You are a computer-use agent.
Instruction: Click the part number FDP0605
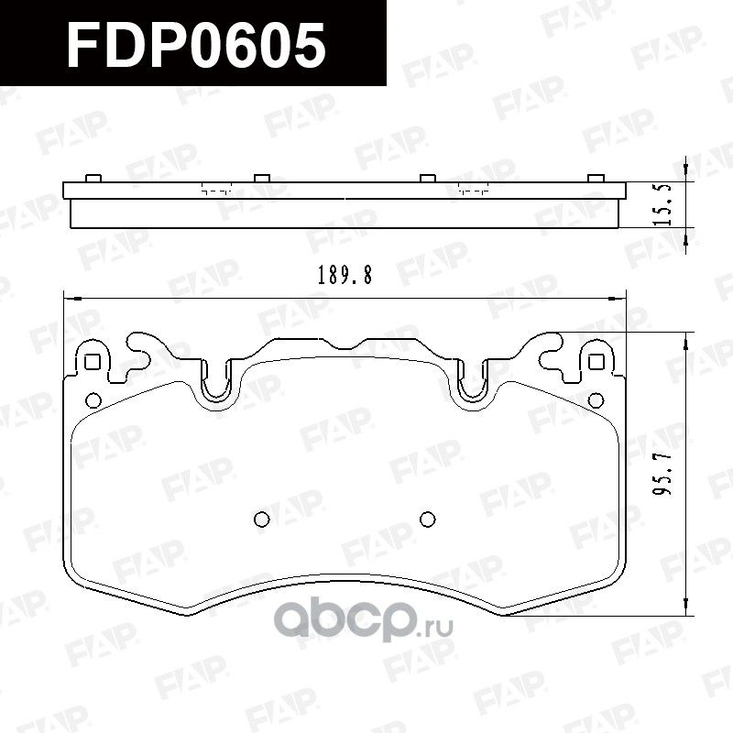pyautogui.click(x=197, y=45)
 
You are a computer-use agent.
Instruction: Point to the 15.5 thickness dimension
pyautogui.click(x=666, y=203)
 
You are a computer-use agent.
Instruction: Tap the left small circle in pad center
pyautogui.click(x=260, y=520)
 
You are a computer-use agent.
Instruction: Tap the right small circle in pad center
pyautogui.click(x=427, y=520)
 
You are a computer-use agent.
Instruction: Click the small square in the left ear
pyautogui.click(x=92, y=361)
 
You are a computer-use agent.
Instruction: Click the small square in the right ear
pyautogui.click(x=596, y=361)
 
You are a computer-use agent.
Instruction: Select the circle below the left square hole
pyautogui.click(x=92, y=399)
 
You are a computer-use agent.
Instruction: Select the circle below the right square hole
pyautogui.click(x=596, y=399)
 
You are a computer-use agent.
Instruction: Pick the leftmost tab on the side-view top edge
pyautogui.click(x=92, y=177)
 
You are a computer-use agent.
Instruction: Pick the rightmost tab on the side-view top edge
pyautogui.click(x=596, y=177)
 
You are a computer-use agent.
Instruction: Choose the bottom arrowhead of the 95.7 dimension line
pyautogui.click(x=684, y=607)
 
